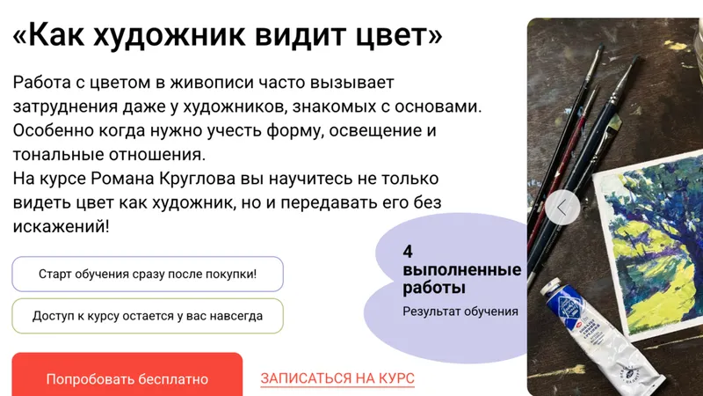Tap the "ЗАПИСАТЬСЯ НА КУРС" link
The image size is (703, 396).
tap(337, 378)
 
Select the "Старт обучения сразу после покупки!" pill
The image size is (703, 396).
tap(148, 274)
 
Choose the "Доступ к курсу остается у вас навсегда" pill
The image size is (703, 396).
tap(148, 316)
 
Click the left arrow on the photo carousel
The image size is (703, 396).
tap(562, 208)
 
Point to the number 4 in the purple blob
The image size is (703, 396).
tap(408, 252)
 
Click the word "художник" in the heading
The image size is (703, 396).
tap(169, 35)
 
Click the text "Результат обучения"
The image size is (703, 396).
tap(460, 312)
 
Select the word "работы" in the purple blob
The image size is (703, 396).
tap(433, 288)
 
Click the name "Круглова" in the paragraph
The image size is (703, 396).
tap(197, 179)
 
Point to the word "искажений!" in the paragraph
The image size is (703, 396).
tap(61, 226)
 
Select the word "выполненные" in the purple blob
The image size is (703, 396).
tap(462, 270)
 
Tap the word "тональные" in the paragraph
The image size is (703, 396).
tap(58, 155)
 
